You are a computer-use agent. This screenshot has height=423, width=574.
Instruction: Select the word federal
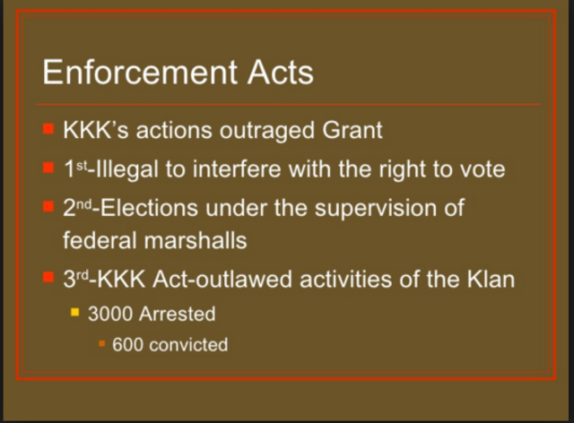[x=98, y=240]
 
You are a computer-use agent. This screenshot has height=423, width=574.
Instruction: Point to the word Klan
[x=489, y=280]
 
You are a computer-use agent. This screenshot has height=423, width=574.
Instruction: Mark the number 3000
[x=108, y=315]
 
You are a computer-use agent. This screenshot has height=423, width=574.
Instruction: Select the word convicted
[x=188, y=344]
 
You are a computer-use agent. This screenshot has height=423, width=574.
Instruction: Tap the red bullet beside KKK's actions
[x=48, y=129]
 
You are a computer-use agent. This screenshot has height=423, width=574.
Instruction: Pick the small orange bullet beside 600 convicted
[x=101, y=343]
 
